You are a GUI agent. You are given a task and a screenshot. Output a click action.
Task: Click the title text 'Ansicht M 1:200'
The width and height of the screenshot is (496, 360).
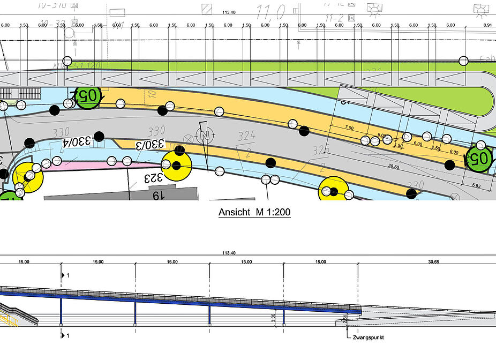(x=254, y=213)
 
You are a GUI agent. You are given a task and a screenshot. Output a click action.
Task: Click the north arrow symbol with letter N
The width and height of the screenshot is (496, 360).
(x=204, y=134)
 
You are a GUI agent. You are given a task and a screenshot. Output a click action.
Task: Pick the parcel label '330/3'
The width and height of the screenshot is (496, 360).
(x=149, y=145)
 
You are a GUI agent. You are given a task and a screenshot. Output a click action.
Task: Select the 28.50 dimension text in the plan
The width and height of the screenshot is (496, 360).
(x=393, y=167)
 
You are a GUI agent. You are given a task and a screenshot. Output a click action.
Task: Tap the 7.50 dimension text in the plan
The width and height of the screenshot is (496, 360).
(x=350, y=128)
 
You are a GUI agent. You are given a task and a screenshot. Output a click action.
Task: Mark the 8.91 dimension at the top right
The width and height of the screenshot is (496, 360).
(x=486, y=25)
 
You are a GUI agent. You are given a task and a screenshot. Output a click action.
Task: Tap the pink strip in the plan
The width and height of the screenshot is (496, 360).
(x=91, y=166)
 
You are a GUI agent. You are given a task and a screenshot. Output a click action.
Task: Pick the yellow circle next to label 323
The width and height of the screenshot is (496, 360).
(x=177, y=166)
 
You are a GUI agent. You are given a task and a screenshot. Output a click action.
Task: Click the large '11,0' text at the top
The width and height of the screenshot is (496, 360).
(x=272, y=11)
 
